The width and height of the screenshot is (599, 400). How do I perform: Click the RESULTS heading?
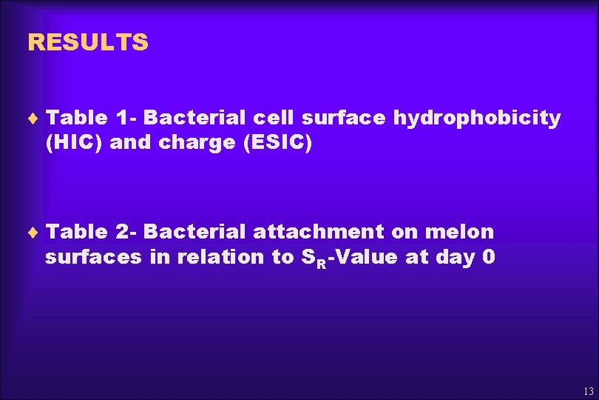tap(87, 42)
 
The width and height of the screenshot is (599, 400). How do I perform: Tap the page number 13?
tap(588, 391)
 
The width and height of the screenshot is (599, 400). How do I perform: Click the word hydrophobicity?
tap(477, 119)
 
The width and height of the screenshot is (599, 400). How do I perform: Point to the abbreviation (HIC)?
tap(74, 143)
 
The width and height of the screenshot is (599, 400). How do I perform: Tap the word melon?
tap(459, 232)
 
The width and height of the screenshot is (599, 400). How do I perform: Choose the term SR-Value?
tap(349, 258)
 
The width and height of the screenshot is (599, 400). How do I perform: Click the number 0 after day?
tap(488, 257)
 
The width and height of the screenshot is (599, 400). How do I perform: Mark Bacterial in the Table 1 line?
tap(194, 118)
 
